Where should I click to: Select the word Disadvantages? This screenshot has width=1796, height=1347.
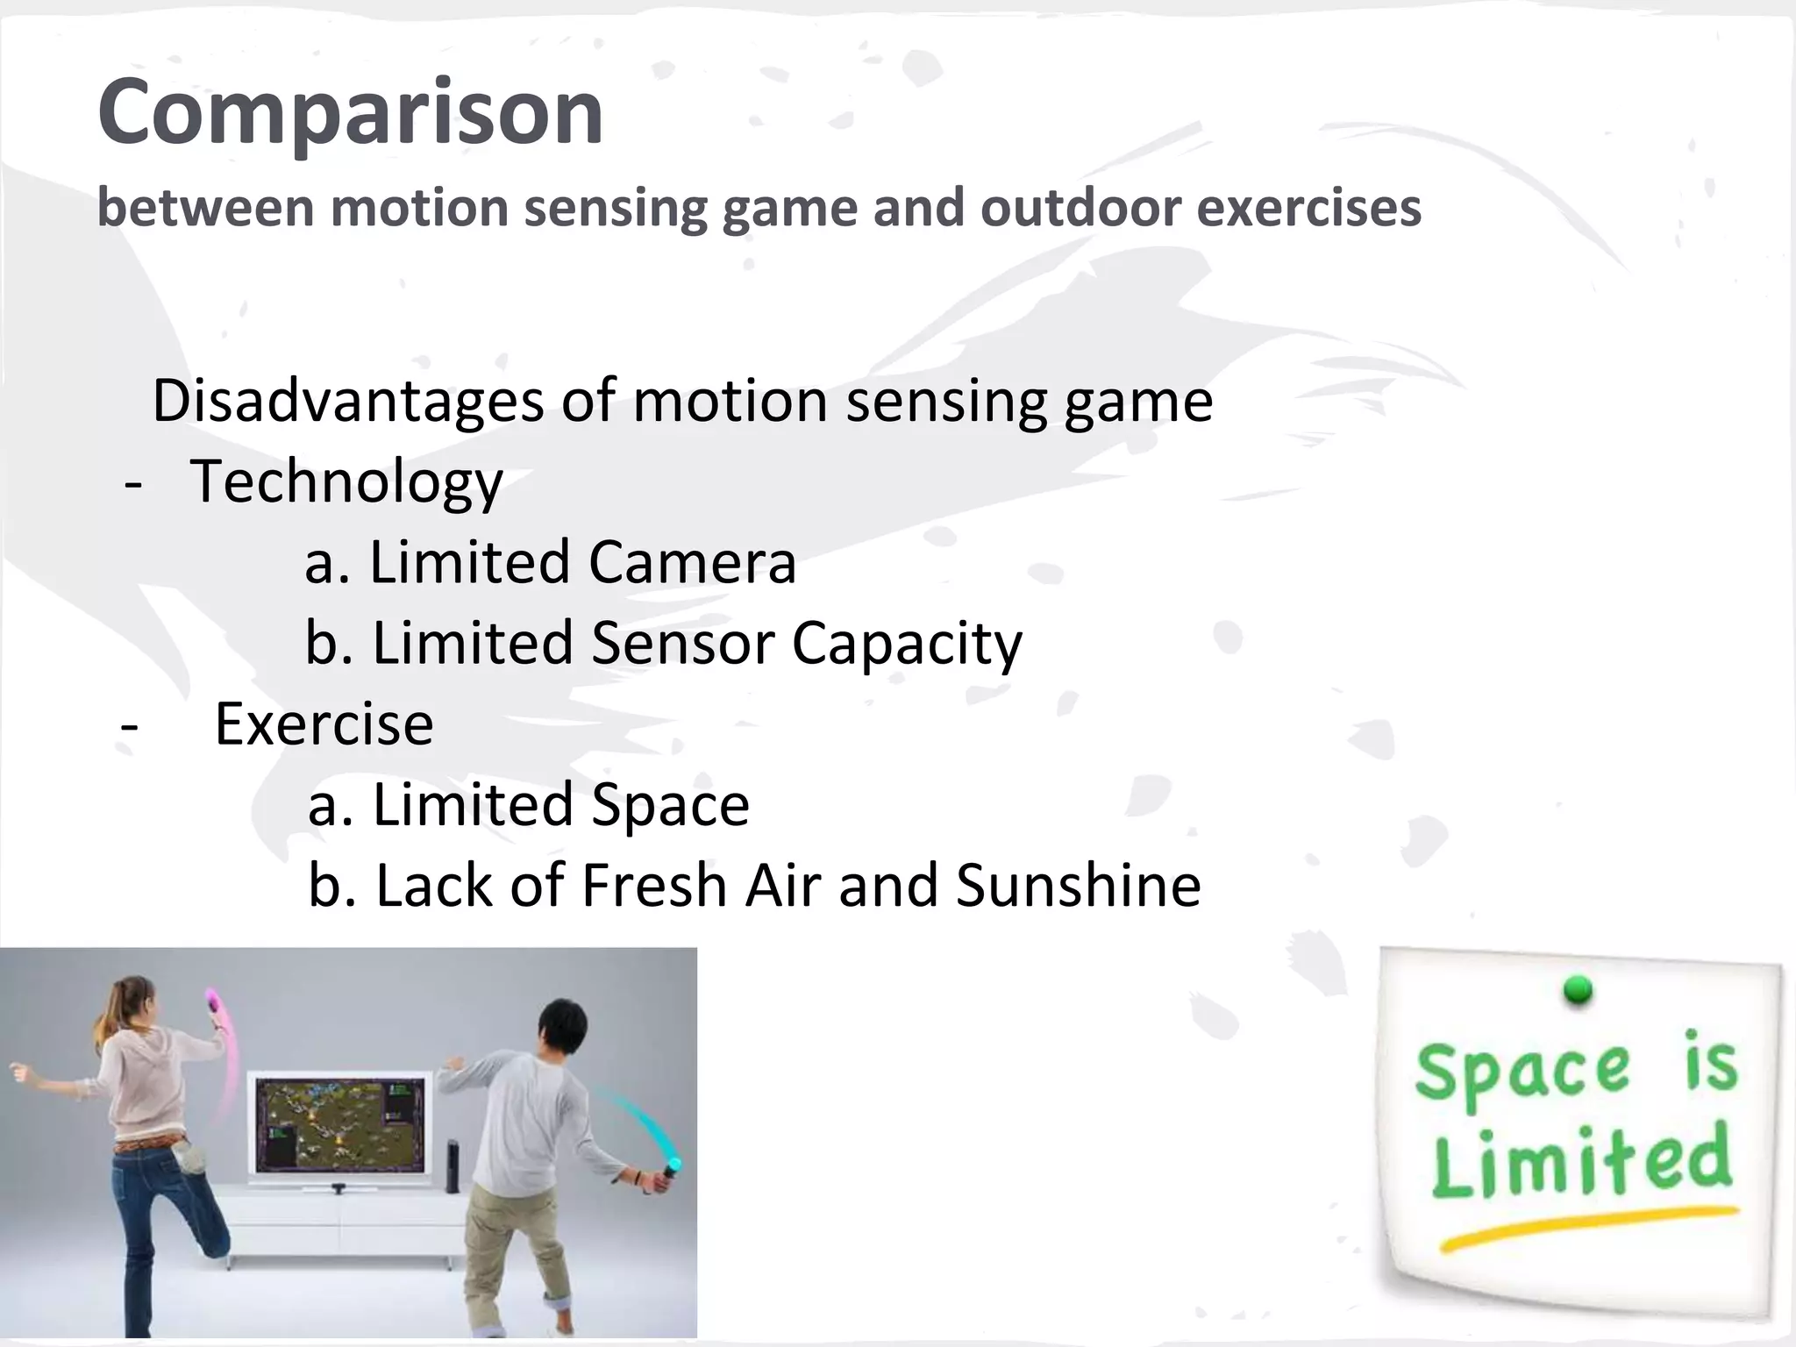(347, 401)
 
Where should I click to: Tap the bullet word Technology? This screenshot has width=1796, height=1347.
(346, 482)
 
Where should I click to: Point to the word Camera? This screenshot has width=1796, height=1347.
(692, 562)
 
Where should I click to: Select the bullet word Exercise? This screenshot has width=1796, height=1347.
(324, 724)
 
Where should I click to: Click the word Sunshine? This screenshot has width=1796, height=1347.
(1078, 886)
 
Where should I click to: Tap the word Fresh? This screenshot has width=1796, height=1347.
(654, 886)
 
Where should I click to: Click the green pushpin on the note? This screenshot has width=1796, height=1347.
(1578, 990)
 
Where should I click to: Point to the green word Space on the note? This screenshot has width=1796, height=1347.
(1522, 1074)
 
